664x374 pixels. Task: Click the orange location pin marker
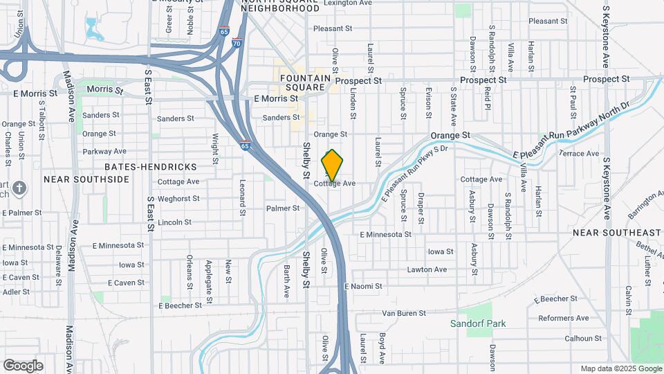pos(333,166)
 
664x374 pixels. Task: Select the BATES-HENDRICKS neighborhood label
pos(151,167)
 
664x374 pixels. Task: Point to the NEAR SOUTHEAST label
pos(617,233)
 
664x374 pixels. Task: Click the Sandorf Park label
pos(478,323)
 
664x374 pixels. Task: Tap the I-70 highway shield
pos(237,43)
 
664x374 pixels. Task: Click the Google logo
pos(23,366)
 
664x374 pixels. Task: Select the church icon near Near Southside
pos(21,188)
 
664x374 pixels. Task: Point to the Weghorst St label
pos(178,198)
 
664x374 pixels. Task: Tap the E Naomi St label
pos(363,286)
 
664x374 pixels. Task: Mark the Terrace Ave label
pos(579,153)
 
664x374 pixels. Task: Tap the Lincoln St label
pos(174,222)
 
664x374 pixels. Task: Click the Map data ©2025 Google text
pos(620,368)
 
